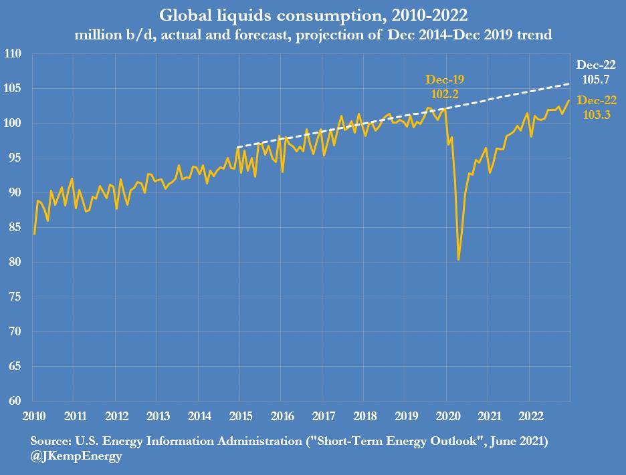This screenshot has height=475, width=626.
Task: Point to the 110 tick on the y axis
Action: point(13,54)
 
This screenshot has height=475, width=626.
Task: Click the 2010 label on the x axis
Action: point(33,417)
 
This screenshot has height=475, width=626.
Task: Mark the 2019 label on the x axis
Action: point(406,417)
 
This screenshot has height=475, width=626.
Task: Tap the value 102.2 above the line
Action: point(445,95)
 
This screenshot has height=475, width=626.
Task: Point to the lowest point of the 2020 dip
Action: point(458,260)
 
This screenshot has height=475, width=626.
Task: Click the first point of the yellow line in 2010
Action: point(34,234)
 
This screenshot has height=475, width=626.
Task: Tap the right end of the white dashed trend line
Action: point(570,84)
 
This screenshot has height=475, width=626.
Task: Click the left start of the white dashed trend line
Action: point(237,147)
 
